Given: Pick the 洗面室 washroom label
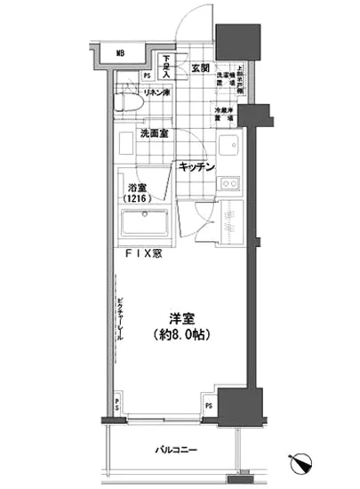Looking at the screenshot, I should [156, 135].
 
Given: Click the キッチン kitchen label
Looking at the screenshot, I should [196, 166].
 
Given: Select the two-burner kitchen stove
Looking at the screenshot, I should [231, 183].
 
